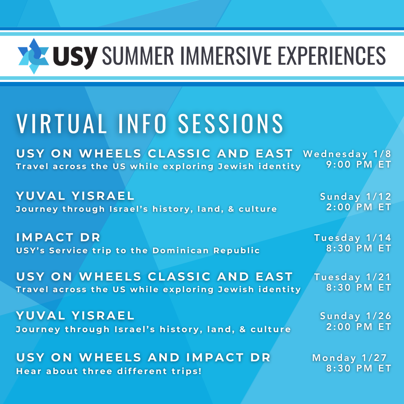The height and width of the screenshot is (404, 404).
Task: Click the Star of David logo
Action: (34, 56)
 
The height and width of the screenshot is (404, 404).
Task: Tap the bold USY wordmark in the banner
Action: (75, 57)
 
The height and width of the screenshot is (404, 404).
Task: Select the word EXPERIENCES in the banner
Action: (328, 55)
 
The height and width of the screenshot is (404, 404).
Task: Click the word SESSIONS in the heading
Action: (231, 123)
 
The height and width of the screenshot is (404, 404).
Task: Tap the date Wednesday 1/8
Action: (347, 154)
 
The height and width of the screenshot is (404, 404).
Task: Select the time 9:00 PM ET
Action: (359, 164)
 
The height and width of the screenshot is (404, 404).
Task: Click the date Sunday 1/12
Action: (356, 197)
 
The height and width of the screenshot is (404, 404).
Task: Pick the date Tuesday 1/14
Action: (353, 238)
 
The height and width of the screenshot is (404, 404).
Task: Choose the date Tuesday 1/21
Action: (353, 277)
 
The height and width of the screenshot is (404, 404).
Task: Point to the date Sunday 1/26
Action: (356, 316)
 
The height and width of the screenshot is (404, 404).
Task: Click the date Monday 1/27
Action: (349, 358)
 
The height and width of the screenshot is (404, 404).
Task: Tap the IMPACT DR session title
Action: (58, 237)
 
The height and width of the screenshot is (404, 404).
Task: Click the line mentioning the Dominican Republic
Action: (138, 250)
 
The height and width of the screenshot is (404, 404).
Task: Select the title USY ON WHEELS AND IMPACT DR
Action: (143, 357)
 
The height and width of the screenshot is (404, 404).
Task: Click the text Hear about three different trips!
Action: (109, 371)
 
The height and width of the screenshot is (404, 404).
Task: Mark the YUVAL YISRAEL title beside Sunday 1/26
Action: (75, 316)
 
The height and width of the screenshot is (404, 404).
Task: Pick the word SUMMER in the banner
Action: (138, 55)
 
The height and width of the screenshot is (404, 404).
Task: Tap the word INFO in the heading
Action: (143, 123)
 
